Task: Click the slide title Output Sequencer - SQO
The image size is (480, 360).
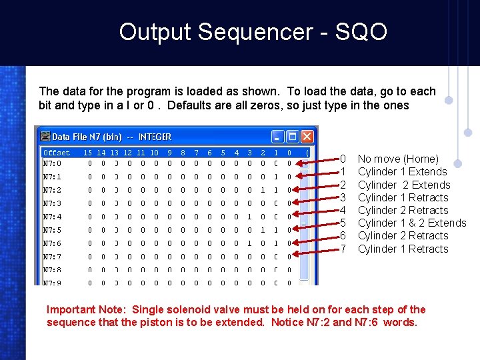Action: pyautogui.click(x=253, y=32)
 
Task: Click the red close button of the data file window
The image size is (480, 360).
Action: pyautogui.click(x=306, y=137)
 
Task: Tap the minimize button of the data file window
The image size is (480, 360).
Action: pyautogui.click(x=277, y=137)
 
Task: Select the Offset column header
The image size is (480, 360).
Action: pyautogui.click(x=57, y=153)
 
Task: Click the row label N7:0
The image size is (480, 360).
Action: pyautogui.click(x=52, y=163)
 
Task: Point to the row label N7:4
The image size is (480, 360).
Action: pyautogui.click(x=52, y=217)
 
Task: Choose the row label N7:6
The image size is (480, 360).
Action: pyautogui.click(x=52, y=243)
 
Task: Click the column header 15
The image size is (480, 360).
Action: pyautogui.click(x=88, y=153)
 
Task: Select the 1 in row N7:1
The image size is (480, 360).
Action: pyautogui.click(x=276, y=177)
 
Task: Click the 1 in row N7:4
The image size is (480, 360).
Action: pyautogui.click(x=249, y=217)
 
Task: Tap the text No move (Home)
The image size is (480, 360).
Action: pyautogui.click(x=398, y=159)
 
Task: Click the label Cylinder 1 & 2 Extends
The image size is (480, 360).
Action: pyautogui.click(x=411, y=223)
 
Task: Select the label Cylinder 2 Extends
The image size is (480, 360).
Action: pyautogui.click(x=403, y=185)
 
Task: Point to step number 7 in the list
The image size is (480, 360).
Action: pyautogui.click(x=343, y=249)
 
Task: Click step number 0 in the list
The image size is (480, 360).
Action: pyautogui.click(x=343, y=159)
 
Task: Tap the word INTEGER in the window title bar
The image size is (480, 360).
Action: pyautogui.click(x=155, y=137)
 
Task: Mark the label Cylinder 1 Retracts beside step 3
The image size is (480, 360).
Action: pyautogui.click(x=403, y=197)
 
